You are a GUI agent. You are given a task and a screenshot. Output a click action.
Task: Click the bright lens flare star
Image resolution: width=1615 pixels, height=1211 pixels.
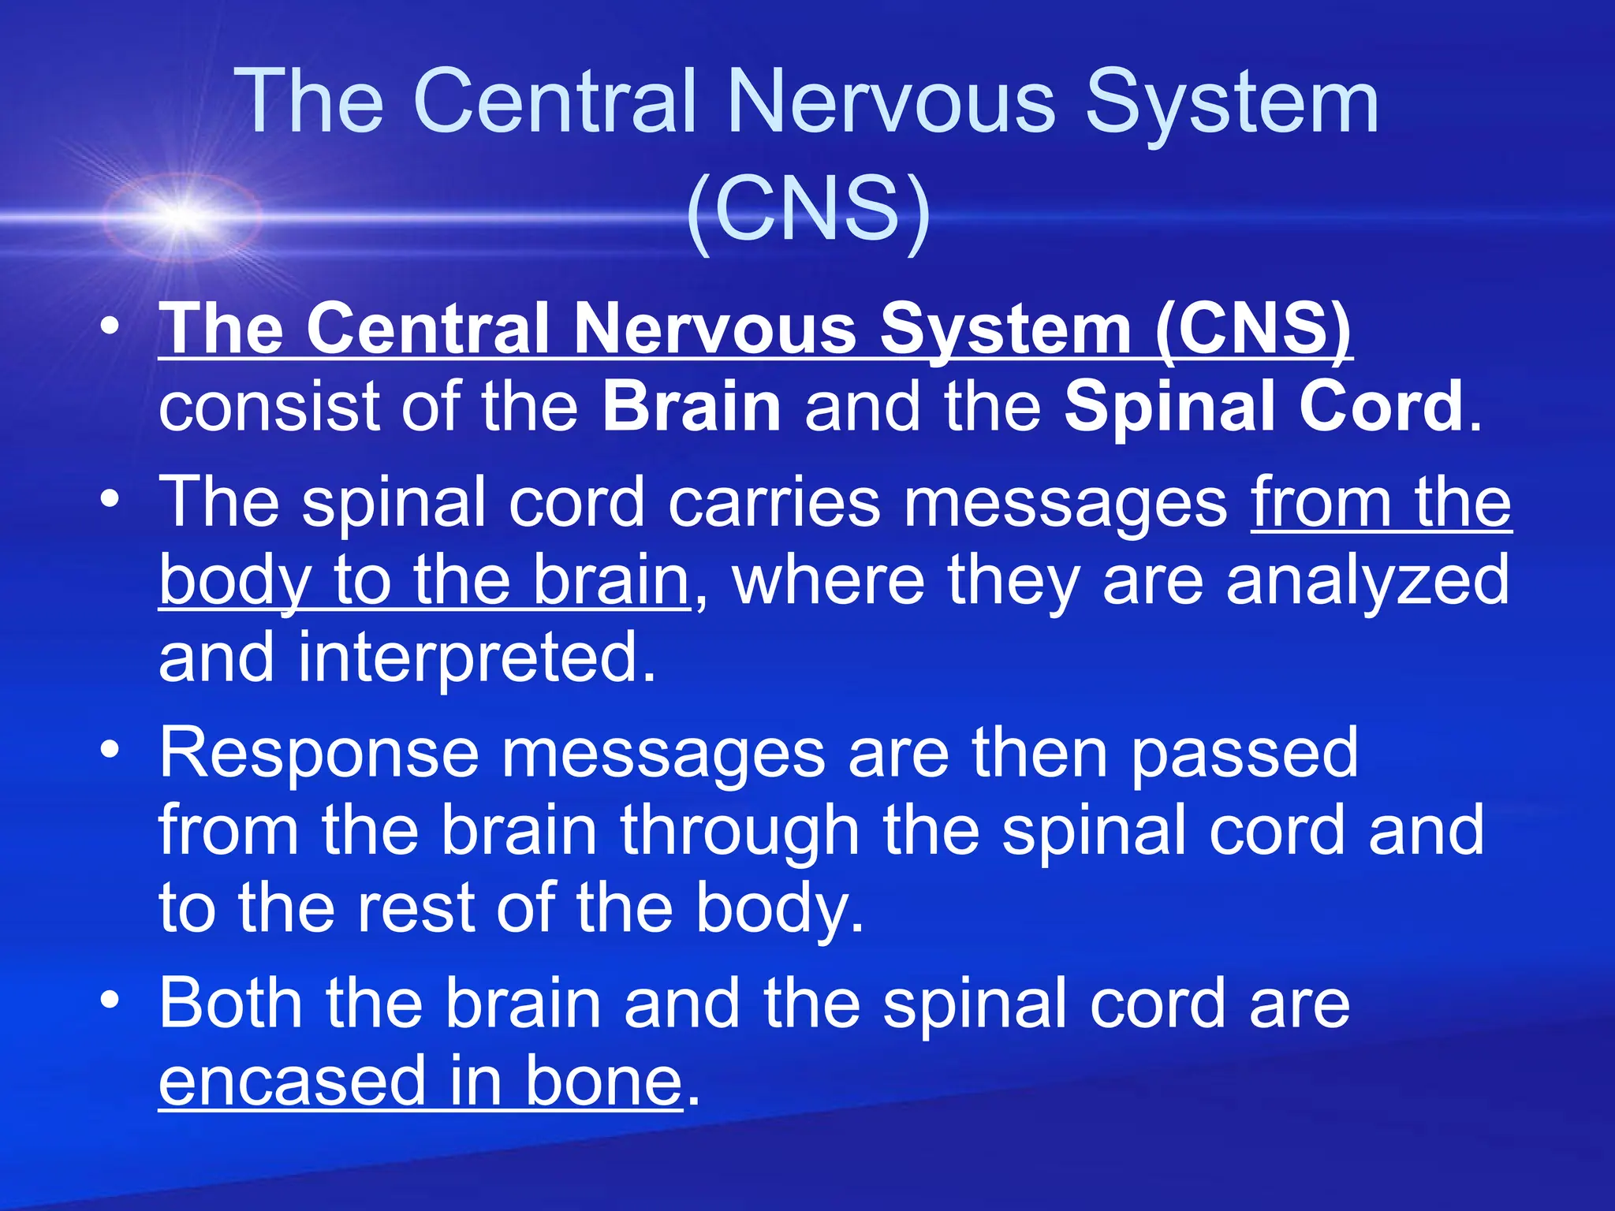[184, 215]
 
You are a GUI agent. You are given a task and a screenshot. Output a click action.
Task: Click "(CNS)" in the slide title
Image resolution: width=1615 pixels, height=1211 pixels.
[809, 207]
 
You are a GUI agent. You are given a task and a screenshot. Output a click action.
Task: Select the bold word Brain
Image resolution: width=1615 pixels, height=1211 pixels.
[692, 407]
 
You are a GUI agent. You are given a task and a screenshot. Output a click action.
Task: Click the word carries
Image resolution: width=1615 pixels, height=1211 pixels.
[774, 502]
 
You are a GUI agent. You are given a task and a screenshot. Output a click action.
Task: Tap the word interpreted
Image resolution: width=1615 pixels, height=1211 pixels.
[476, 657]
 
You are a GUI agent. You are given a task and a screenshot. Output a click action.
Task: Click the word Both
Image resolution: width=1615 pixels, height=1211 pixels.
[230, 1003]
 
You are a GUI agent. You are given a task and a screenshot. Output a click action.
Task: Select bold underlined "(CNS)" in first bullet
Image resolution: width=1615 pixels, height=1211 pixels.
[1254, 330]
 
